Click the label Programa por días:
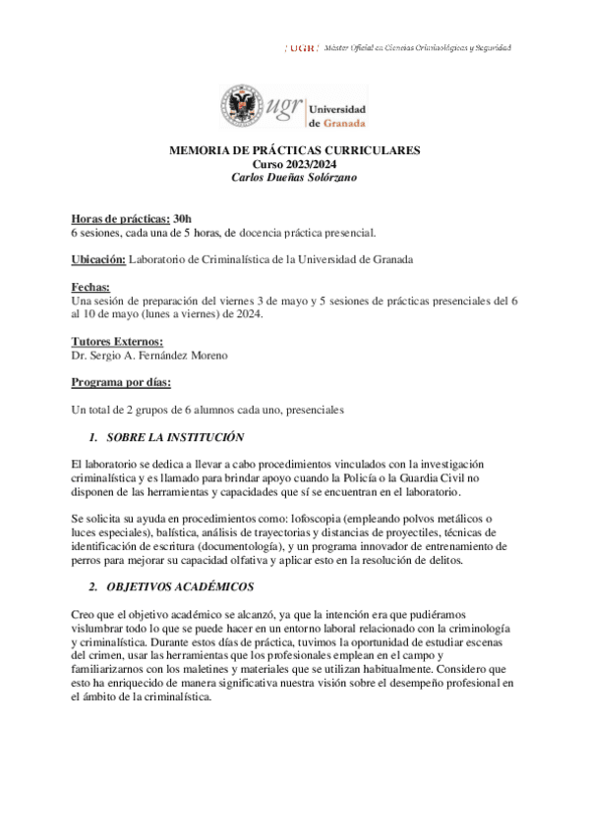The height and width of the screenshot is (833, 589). coord(121,380)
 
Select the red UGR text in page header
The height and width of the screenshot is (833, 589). coord(299,48)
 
